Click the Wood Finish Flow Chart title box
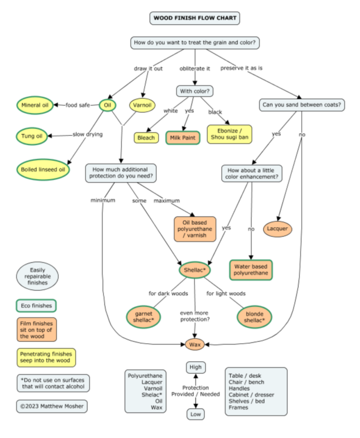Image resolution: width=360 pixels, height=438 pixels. [x=195, y=19]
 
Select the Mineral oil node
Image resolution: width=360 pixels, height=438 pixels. [x=35, y=106]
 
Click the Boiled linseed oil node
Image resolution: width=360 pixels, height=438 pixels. [x=43, y=169]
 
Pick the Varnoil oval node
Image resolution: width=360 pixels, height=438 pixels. [x=142, y=106]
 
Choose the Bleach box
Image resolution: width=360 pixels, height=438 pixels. [x=146, y=138]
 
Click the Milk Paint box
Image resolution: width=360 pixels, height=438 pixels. [x=182, y=138]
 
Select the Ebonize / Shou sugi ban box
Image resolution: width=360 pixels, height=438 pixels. [x=229, y=133]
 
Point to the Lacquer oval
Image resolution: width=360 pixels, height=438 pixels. [x=278, y=228]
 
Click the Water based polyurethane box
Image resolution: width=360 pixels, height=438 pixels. [x=251, y=270]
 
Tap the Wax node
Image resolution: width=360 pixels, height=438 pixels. [x=195, y=344]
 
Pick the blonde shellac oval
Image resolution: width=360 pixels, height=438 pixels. [x=255, y=317]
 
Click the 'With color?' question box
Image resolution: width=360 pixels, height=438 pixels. [x=195, y=91]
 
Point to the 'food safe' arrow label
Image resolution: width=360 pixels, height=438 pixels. [x=78, y=106]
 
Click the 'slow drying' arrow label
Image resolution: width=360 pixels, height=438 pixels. [x=87, y=134]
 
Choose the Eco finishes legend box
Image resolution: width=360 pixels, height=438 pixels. [x=36, y=306]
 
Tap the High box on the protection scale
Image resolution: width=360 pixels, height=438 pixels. [x=195, y=367]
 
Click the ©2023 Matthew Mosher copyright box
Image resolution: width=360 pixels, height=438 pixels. [x=51, y=406]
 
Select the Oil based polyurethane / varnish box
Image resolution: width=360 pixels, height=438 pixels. [x=195, y=229]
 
